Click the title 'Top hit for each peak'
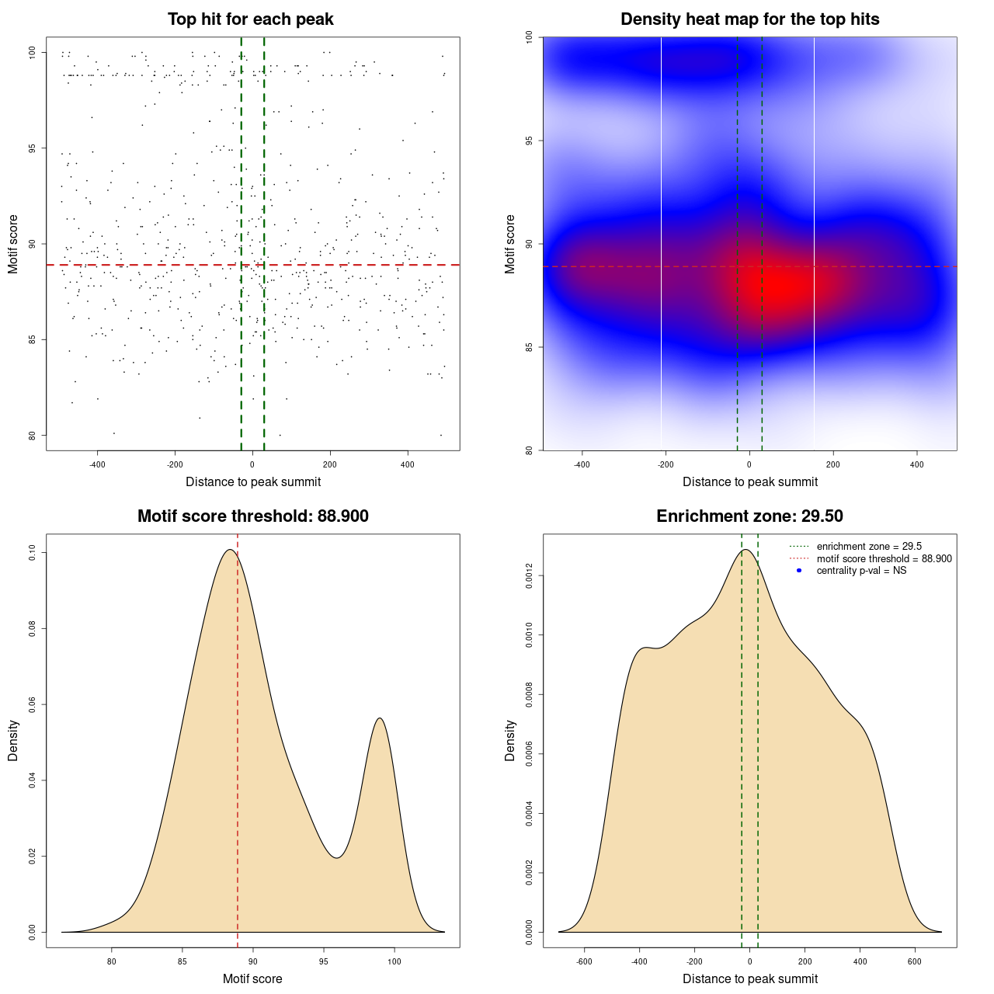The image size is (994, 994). pyautogui.click(x=250, y=19)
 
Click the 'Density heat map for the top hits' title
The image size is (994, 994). pyautogui.click(x=749, y=19)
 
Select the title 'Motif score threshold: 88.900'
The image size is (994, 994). pyautogui.click(x=252, y=516)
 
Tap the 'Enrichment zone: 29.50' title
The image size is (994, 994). pyautogui.click(x=749, y=516)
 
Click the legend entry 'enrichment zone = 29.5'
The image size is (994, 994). pyautogui.click(x=869, y=547)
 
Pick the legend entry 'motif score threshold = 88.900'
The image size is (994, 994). pyautogui.click(x=884, y=558)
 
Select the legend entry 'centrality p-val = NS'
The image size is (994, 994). pyautogui.click(x=861, y=571)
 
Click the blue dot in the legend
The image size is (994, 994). pyautogui.click(x=799, y=571)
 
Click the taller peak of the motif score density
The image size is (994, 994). pyautogui.click(x=230, y=550)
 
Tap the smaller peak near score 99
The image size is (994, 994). pyautogui.click(x=381, y=718)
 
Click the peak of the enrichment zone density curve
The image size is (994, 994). pyautogui.click(x=745, y=550)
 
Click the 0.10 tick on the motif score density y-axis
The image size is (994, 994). pyautogui.click(x=32, y=552)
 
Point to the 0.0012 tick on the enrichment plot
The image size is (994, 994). pyautogui.click(x=529, y=575)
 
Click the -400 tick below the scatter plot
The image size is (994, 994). pyautogui.click(x=97, y=464)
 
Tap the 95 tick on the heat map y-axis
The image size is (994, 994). pyautogui.click(x=529, y=141)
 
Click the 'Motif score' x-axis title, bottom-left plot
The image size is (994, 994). pyautogui.click(x=252, y=978)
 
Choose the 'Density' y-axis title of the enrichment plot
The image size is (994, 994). pyautogui.click(x=510, y=740)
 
